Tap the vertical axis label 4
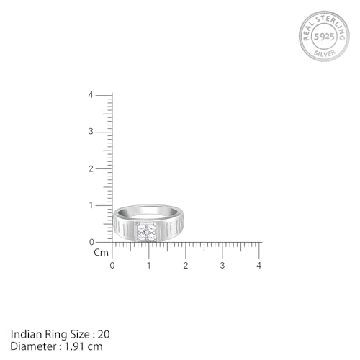[x=91, y=95]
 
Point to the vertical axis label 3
[x=91, y=132]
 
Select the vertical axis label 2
[x=91, y=168]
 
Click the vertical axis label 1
[x=91, y=205]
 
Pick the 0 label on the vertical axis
[x=91, y=242]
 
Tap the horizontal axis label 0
[x=112, y=266]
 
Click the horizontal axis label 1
[x=149, y=266]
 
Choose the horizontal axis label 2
[x=186, y=266]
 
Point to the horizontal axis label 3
[x=222, y=266]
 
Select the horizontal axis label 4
[x=259, y=266]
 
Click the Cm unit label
[x=101, y=253]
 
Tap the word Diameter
[x=32, y=346]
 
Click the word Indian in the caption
[x=25, y=333]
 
